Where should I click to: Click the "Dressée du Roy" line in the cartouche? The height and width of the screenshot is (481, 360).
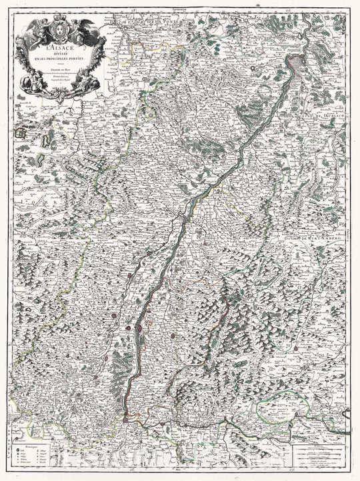click(62, 71)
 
